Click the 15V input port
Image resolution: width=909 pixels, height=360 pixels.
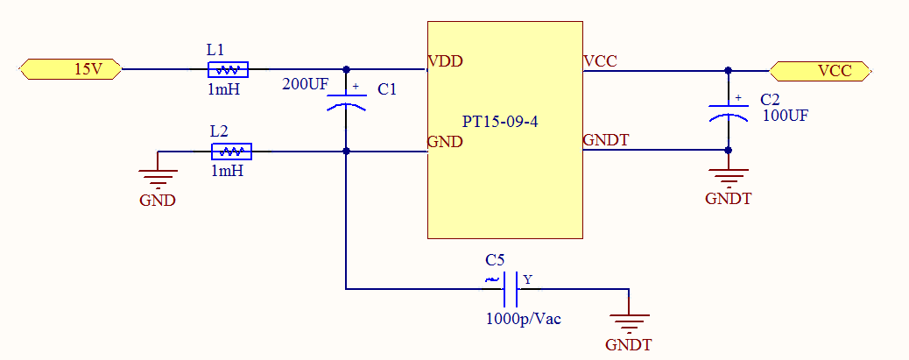pos(70,69)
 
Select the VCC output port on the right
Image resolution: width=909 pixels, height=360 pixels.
pos(821,71)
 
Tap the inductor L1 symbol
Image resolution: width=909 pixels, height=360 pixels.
pos(228,69)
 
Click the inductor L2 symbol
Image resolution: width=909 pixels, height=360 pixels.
pos(231,152)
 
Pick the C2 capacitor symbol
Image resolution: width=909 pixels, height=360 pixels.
pos(728,111)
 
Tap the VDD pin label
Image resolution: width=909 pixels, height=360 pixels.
pos(445,61)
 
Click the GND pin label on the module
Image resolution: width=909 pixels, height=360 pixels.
pos(444,142)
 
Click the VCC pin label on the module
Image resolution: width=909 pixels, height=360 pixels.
pos(600,61)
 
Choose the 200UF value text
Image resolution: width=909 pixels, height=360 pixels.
pos(305,85)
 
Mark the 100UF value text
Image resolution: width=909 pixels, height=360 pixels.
pos(786,114)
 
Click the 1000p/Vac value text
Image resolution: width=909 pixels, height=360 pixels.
pos(523,319)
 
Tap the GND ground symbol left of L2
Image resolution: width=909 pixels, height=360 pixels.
pos(158,178)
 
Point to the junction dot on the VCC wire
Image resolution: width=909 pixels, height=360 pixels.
pos(728,71)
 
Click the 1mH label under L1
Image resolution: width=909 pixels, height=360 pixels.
pos(225,89)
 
